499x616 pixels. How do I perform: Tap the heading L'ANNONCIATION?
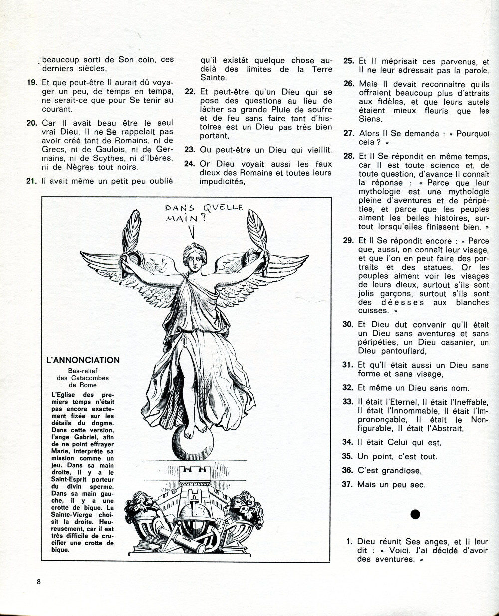tap(82, 360)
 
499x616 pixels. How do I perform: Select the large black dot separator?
tap(415, 514)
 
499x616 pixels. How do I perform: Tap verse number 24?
tap(189, 164)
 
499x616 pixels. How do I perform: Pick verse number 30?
tap(348, 324)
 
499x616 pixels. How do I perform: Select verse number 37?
tap(348, 484)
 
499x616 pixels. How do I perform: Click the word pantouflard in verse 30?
tap(394, 351)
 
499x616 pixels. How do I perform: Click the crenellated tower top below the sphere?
tap(192, 469)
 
